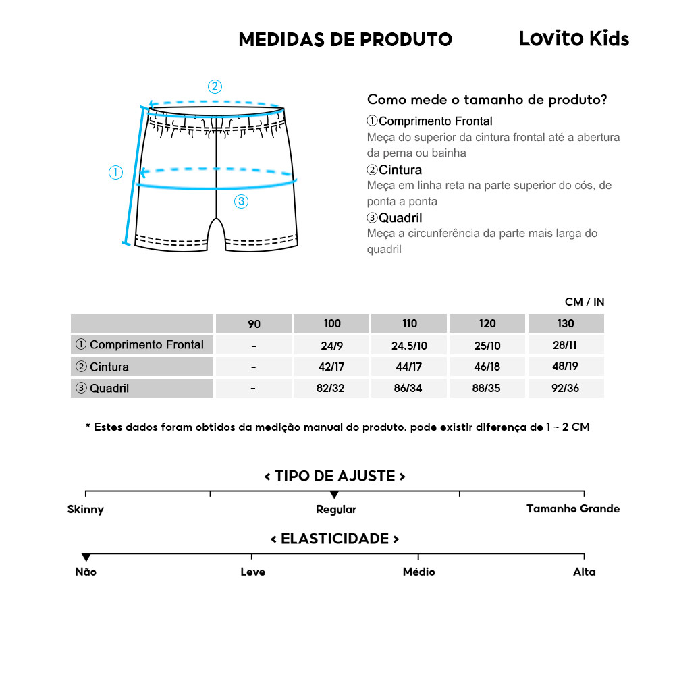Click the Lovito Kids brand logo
tap(573, 39)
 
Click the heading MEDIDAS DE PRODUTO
tap(345, 40)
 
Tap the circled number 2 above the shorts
tap(215, 86)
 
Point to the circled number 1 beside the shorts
tap(116, 172)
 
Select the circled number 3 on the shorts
tap(242, 200)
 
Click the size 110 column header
tap(409, 323)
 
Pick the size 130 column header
tap(566, 323)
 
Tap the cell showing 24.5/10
tap(409, 346)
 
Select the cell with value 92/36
tap(566, 388)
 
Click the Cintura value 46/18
tap(487, 367)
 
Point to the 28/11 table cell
tap(566, 346)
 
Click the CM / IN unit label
tap(585, 302)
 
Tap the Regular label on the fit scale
tap(335, 509)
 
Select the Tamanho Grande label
tap(572, 508)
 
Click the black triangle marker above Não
tap(86, 557)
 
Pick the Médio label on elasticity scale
tap(418, 572)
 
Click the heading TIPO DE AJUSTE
tap(335, 476)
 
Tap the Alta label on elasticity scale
tap(584, 572)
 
